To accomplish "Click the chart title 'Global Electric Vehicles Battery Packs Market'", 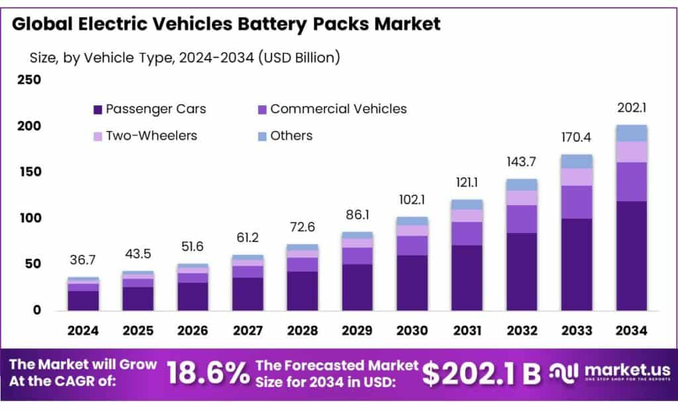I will tap(226, 24).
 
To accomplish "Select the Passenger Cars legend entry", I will tap(150, 109).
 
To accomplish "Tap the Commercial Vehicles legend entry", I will tap(332, 109).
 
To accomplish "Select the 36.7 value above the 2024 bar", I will tap(83, 261).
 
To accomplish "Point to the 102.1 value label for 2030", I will tap(412, 201).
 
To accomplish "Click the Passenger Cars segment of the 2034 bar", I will tap(631, 255).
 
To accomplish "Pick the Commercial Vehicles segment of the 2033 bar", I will tap(577, 202).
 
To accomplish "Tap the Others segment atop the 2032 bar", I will tap(522, 185).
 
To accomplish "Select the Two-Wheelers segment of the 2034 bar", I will tap(631, 152).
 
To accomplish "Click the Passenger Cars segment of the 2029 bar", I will tap(358, 287).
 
